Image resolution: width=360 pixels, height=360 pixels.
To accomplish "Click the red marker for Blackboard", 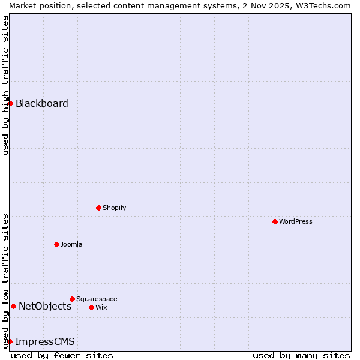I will (x=10, y=103).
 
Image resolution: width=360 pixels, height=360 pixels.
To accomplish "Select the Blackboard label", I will (x=42, y=103).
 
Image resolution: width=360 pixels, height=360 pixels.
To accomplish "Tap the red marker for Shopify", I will (x=98, y=208).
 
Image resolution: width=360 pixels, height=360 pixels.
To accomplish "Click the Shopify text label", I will (x=114, y=208).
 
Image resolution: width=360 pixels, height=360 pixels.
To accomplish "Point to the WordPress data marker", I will (x=275, y=221).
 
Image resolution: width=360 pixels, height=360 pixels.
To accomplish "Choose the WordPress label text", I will (x=295, y=221).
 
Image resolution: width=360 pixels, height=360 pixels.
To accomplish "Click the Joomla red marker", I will (x=56, y=244).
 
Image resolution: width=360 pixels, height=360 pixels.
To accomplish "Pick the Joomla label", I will (x=71, y=244).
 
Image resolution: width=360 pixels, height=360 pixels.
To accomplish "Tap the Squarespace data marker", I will (x=72, y=299).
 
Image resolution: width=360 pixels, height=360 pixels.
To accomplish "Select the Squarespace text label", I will (x=97, y=299).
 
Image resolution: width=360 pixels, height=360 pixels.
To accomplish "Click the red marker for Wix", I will (x=91, y=307).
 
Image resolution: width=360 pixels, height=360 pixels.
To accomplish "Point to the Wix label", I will (x=101, y=307).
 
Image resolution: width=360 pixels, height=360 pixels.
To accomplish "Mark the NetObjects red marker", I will (x=13, y=306).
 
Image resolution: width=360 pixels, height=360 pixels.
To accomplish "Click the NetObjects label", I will (x=45, y=306).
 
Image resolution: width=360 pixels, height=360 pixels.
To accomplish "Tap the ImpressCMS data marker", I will (x=10, y=341).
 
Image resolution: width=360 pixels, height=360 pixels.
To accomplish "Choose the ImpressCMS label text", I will (x=45, y=342).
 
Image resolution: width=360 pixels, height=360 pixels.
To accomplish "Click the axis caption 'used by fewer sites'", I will (x=62, y=355).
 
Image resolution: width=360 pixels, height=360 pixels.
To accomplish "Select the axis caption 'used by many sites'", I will (x=301, y=355).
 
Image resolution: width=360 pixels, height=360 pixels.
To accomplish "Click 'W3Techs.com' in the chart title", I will (x=326, y=5).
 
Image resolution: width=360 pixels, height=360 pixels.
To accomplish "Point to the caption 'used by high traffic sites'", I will (x=5, y=85).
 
